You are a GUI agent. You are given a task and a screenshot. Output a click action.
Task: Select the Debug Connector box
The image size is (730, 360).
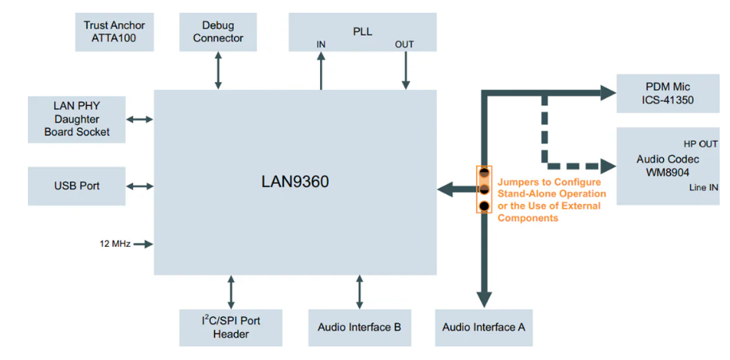[x=217, y=32]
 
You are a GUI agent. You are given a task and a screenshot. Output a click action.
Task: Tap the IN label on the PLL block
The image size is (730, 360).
[x=321, y=45]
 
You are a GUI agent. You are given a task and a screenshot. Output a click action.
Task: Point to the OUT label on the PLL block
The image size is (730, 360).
[x=404, y=45]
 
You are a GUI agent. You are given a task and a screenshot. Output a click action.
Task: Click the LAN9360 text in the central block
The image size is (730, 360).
[x=295, y=182]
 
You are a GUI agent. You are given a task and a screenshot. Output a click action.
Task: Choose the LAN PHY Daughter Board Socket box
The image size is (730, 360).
[x=76, y=119]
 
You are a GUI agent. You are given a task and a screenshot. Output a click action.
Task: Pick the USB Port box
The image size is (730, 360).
[x=76, y=186]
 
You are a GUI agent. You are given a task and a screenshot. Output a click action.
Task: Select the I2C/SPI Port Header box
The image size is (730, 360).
[x=231, y=327]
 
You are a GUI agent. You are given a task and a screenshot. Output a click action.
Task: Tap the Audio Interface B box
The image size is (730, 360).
[x=359, y=327]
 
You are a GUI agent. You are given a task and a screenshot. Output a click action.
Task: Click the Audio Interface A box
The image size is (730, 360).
[x=483, y=327]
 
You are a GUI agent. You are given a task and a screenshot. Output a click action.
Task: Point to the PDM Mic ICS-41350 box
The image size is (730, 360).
[x=667, y=94]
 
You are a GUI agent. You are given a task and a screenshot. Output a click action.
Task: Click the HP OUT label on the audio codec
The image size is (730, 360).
[x=701, y=144]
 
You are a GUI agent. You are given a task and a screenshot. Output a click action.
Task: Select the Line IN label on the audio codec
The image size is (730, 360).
[x=703, y=188]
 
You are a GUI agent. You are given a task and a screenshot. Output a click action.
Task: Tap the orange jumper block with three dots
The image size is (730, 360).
[x=484, y=190]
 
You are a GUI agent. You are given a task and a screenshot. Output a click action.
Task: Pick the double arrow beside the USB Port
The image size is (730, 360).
[x=139, y=186]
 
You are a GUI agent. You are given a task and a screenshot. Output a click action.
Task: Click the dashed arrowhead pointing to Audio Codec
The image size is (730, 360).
[x=608, y=166]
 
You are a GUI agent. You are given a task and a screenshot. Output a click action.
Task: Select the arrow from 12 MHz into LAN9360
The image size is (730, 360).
[x=143, y=244]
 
